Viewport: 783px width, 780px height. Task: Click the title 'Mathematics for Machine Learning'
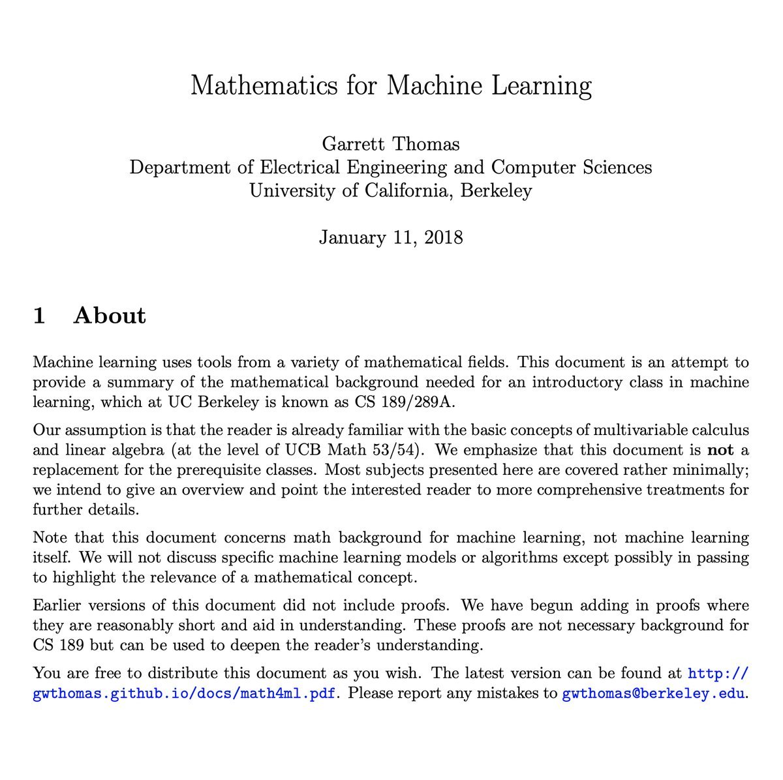(391, 86)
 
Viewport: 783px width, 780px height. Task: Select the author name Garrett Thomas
(391, 143)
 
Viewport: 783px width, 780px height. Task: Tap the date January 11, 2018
(391, 237)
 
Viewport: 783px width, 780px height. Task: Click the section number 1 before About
(39, 316)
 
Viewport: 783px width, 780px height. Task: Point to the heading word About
(110, 316)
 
